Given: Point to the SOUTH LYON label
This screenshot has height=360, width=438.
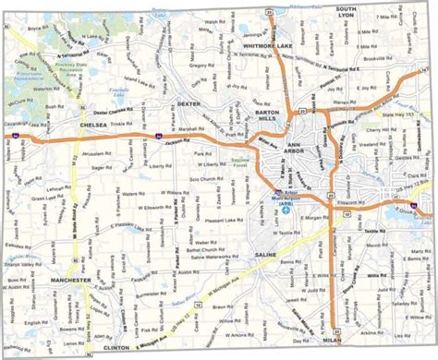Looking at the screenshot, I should (x=341, y=11).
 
